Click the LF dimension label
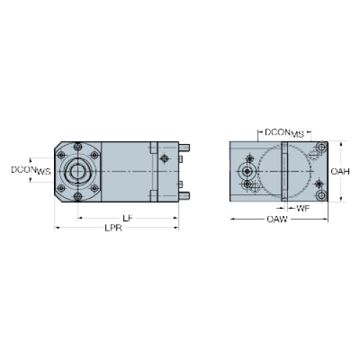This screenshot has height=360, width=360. [x=127, y=218]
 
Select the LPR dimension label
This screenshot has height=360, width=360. [x=113, y=228]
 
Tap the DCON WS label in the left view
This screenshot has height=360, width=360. [x=31, y=171]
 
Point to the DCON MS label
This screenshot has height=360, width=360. [x=284, y=133]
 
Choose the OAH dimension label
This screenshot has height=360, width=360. [x=340, y=171]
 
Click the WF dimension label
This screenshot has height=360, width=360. [x=303, y=209]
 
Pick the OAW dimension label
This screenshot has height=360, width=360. [x=277, y=219]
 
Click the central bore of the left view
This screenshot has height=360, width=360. [x=77, y=171]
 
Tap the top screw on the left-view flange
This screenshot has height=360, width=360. [x=78, y=146]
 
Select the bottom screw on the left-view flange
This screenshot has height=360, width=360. [x=78, y=197]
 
